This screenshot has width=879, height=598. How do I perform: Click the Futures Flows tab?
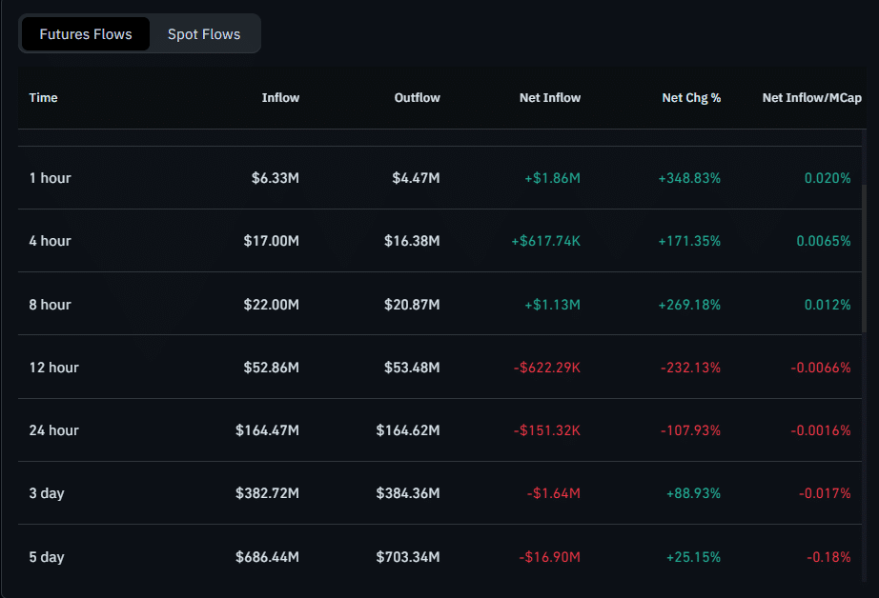[x=85, y=34]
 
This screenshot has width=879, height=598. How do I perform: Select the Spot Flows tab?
[x=204, y=34]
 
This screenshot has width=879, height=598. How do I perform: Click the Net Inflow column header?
[x=549, y=97]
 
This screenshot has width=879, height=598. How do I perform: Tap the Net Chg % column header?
[x=690, y=97]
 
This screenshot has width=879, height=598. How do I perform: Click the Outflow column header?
[x=417, y=97]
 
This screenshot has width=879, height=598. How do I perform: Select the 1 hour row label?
[x=50, y=178]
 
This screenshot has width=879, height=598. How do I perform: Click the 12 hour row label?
[x=53, y=368]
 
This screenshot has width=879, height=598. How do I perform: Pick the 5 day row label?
[x=47, y=557]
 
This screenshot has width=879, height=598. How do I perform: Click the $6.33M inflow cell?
[x=275, y=178]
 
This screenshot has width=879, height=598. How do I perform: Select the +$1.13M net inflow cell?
[x=552, y=305]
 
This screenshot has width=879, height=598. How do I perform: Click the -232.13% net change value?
[x=690, y=368]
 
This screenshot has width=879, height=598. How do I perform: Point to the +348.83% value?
[x=689, y=178]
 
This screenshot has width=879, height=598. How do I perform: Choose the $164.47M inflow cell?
[x=267, y=430]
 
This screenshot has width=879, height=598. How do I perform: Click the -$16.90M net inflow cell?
[x=549, y=557]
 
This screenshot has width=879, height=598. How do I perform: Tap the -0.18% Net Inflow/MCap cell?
[x=828, y=557]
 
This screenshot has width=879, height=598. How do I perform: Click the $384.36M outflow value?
[x=408, y=493]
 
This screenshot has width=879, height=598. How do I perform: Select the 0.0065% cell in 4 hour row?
[x=823, y=241]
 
